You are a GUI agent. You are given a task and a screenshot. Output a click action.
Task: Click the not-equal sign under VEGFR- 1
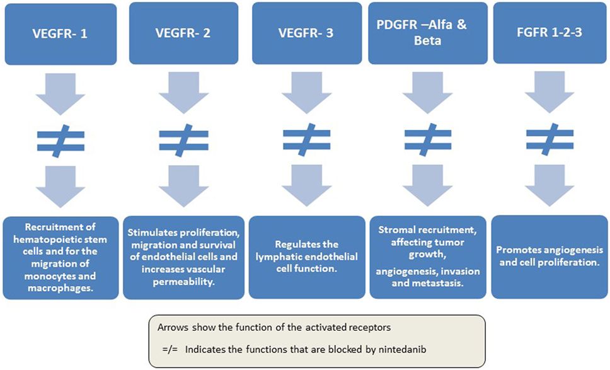62,138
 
